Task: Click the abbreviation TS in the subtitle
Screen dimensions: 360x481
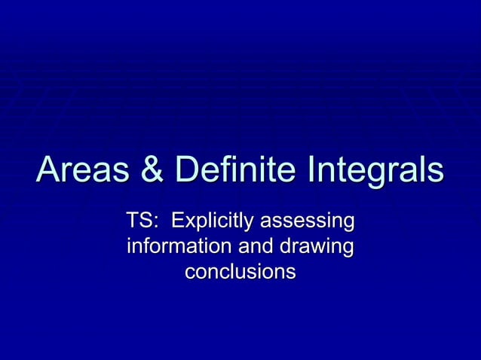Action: (138, 222)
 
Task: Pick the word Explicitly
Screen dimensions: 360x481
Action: (214, 223)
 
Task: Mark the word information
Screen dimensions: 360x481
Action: (178, 246)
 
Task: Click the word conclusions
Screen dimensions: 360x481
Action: (240, 270)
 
